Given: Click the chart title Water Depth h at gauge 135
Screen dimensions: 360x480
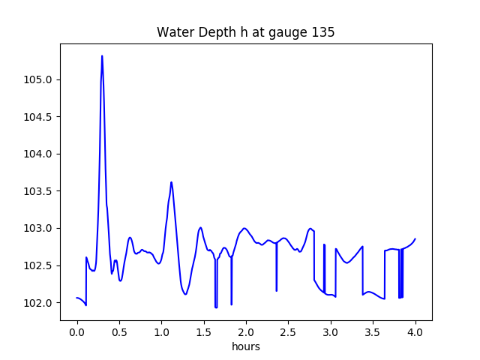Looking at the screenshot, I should tap(245, 33).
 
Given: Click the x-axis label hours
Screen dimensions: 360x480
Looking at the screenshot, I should tap(245, 347).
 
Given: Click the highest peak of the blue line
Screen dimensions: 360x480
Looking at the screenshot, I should tap(102, 55).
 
